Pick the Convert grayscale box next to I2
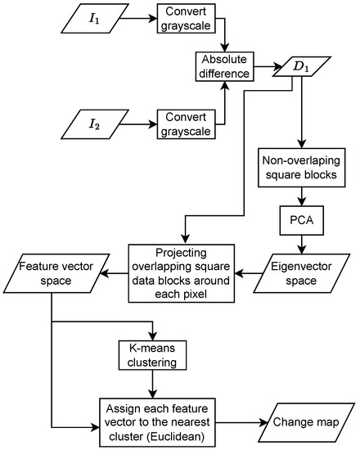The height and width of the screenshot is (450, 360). click(186, 125)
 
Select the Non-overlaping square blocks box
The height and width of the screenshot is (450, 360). click(304, 167)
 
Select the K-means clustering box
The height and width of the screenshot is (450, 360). click(152, 355)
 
